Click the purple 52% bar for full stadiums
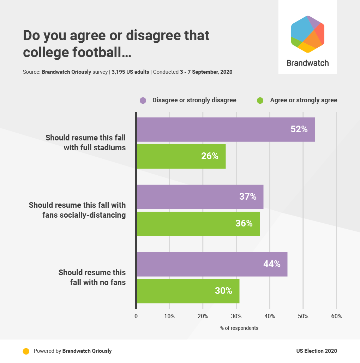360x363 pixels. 225,129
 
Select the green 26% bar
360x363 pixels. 181,156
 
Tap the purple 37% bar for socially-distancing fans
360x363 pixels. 200,197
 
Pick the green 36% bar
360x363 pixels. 198,224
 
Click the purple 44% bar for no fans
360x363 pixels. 212,264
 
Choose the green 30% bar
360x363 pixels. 188,291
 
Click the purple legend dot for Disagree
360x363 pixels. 143,101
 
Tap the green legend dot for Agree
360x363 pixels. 260,101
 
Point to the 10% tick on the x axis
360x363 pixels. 169,316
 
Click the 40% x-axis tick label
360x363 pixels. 270,316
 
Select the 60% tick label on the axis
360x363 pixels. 336,316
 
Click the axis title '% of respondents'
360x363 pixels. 239,328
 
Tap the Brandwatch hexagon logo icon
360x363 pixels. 307,34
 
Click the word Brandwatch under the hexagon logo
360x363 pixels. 307,63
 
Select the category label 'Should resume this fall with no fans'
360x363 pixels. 92,277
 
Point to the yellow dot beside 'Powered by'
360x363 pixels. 26,351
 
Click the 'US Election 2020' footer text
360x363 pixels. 317,351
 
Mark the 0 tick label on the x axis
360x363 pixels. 136,316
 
